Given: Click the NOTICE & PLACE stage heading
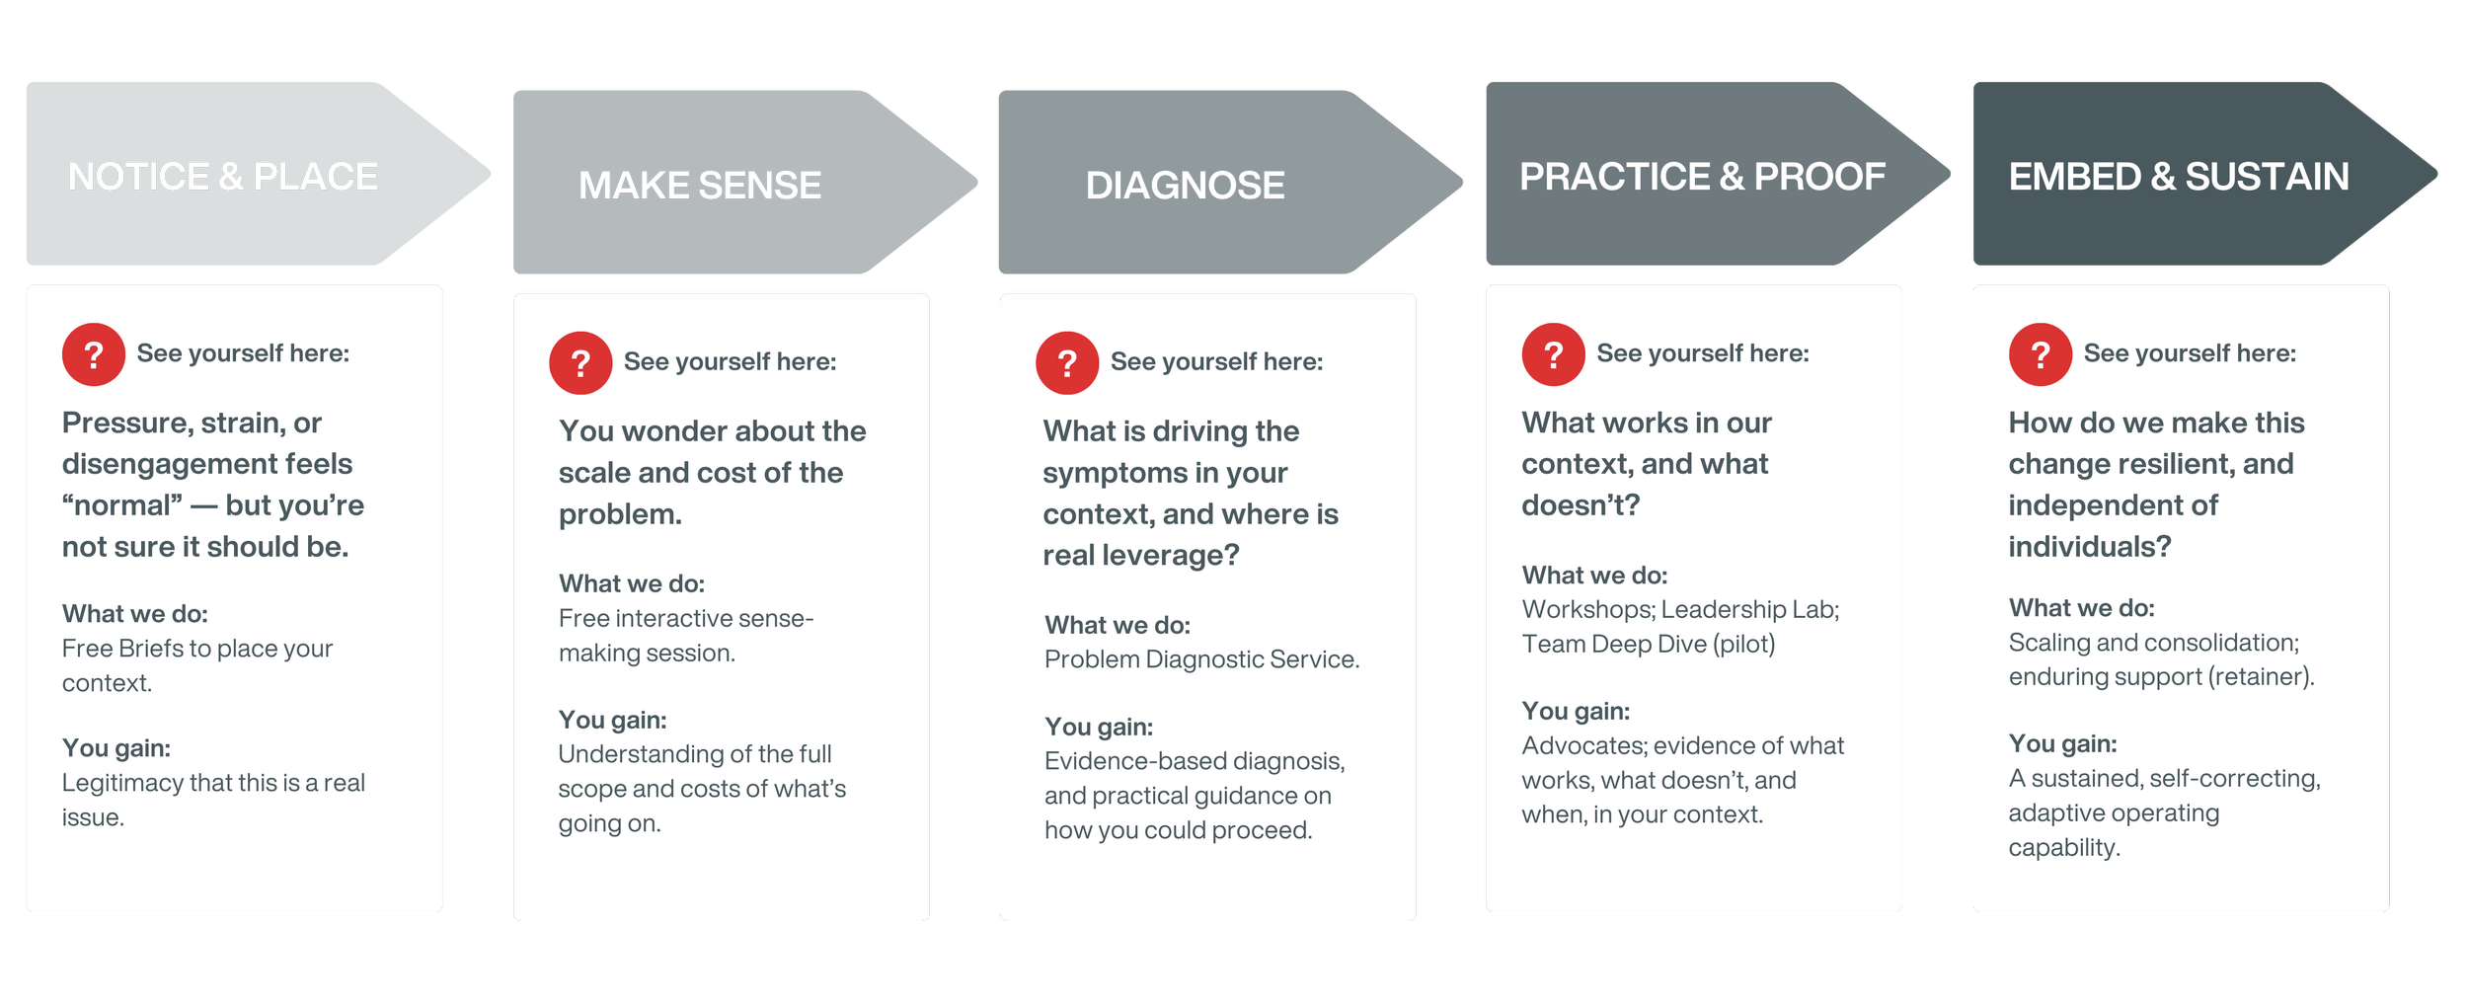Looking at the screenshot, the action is click(222, 177).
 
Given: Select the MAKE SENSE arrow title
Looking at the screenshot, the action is click(699, 186).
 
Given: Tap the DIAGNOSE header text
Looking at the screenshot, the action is click(1185, 186).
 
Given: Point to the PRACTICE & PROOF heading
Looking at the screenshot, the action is click(1702, 177).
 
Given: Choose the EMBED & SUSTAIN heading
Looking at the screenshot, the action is click(2179, 177).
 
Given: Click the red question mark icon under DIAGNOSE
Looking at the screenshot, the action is click(1067, 363).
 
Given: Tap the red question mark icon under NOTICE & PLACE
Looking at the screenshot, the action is click(94, 354).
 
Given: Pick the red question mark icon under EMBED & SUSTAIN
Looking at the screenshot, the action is click(2041, 354).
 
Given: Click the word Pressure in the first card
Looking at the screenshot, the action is click(125, 424).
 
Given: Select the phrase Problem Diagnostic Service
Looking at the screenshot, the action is click(1201, 659).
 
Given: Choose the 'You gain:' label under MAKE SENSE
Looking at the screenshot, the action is click(612, 720).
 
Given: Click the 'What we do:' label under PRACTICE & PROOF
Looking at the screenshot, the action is click(1594, 576).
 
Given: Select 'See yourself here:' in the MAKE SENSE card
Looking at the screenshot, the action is click(730, 362).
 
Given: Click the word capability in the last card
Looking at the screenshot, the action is click(2063, 848).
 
